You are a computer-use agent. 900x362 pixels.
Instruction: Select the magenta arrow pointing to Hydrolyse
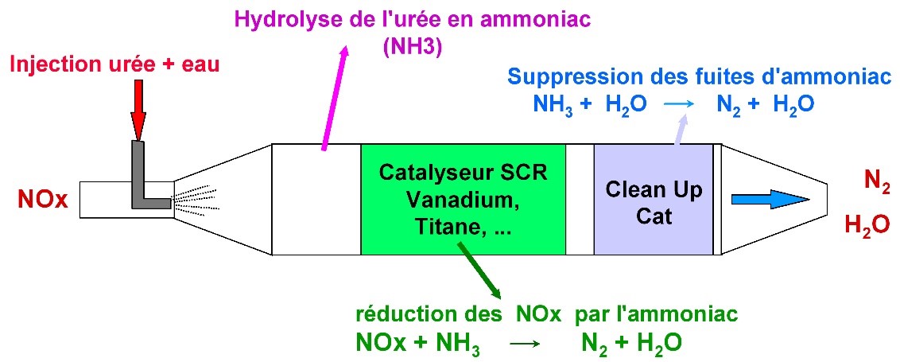point(334,95)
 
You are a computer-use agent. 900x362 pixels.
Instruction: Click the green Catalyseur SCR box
point(463,199)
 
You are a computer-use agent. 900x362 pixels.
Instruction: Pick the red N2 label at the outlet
point(876,183)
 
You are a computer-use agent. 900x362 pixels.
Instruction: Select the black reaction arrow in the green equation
point(524,345)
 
